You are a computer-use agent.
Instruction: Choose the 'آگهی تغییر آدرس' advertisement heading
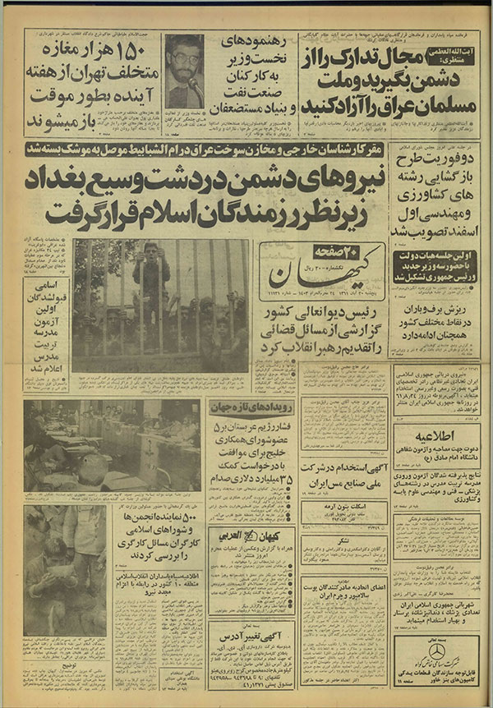pos(245,637)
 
